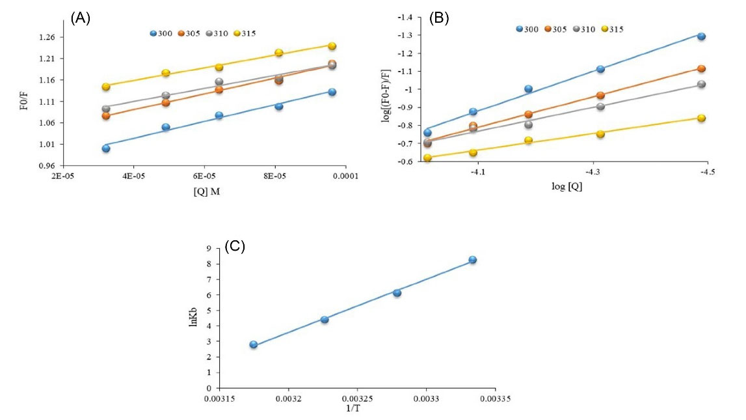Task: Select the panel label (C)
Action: tap(234, 246)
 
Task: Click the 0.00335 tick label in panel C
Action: tap(493, 397)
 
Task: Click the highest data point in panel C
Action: tap(473, 260)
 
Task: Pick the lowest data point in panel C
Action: tap(254, 344)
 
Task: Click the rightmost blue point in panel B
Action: tap(701, 36)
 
